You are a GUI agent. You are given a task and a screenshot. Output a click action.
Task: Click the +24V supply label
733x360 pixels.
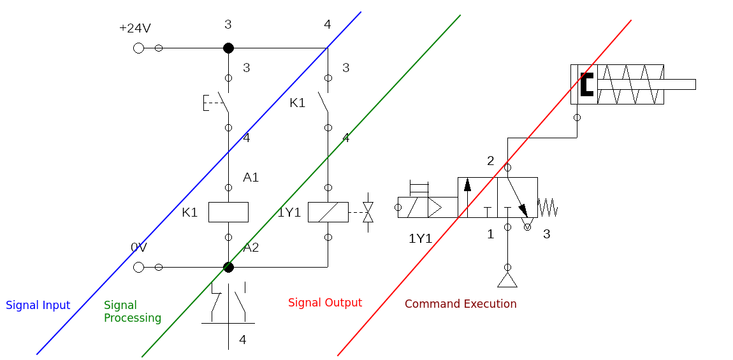[135, 29]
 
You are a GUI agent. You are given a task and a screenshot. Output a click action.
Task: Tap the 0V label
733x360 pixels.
[139, 247]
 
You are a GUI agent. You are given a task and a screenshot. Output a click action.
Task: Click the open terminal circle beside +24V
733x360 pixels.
[139, 48]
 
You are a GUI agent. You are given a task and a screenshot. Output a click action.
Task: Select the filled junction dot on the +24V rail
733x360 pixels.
[228, 48]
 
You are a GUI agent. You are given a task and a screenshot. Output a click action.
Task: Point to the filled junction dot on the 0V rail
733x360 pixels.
[228, 267]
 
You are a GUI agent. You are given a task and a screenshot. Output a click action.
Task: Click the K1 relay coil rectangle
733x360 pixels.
[228, 212]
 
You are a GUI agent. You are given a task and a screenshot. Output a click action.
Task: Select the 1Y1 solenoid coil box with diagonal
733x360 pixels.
[328, 212]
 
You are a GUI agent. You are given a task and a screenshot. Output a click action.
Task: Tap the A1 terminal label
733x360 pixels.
[250, 178]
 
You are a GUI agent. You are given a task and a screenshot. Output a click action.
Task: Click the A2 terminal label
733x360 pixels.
[250, 248]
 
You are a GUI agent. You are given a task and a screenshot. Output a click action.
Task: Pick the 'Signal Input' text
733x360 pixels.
[38, 305]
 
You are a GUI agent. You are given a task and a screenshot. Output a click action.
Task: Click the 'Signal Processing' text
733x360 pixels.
[133, 312]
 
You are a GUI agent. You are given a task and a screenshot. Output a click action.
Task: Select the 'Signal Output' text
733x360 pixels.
[325, 303]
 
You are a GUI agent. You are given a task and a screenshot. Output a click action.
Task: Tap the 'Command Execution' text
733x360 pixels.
[460, 304]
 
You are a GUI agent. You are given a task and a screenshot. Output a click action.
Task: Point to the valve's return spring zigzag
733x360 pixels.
[548, 208]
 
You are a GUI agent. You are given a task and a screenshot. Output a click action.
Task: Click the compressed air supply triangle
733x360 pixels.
[507, 280]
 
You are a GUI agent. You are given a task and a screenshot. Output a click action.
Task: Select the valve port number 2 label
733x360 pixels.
[490, 161]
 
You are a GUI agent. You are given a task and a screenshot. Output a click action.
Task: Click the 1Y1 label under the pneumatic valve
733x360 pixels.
[420, 239]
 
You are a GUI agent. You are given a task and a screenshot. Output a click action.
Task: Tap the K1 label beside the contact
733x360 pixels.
[297, 103]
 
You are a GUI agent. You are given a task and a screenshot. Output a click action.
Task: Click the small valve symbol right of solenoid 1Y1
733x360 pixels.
[368, 212]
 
